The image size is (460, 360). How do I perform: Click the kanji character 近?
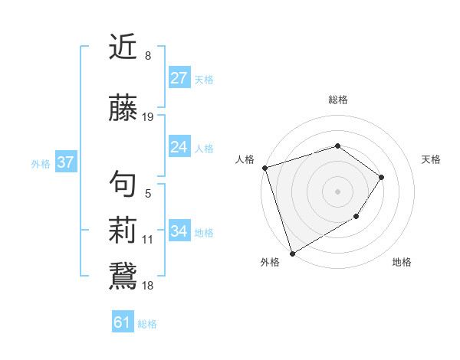(124, 47)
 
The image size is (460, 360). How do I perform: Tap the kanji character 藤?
(124, 109)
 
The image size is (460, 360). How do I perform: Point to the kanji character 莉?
(124, 231)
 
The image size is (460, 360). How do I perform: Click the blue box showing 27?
(179, 78)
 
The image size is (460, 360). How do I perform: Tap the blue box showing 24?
(179, 147)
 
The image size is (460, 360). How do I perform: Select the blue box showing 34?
(179, 231)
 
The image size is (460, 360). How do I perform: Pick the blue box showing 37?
(65, 162)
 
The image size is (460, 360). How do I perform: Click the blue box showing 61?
(122, 322)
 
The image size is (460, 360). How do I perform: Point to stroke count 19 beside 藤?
(148, 117)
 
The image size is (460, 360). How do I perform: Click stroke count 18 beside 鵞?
(148, 286)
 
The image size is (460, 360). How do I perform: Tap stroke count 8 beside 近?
(147, 56)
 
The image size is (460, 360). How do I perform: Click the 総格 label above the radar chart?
(337, 100)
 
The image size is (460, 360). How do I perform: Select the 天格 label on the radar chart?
(431, 159)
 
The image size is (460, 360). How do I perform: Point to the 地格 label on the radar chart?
(402, 262)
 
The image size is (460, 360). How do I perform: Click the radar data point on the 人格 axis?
(264, 168)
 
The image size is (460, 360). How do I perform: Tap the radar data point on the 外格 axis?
(292, 253)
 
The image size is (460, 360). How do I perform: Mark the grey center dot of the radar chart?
(337, 191)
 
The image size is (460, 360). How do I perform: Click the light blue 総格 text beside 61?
(147, 324)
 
